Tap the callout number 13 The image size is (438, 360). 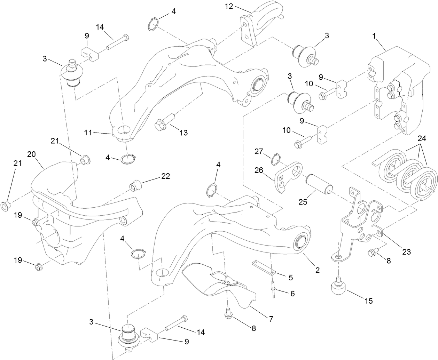click(x=183, y=133)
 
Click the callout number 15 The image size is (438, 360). click(x=369, y=301)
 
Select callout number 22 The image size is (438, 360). click(x=165, y=176)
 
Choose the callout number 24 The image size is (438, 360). click(x=422, y=138)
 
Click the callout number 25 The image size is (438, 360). click(x=303, y=202)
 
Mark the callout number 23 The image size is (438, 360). click(x=406, y=251)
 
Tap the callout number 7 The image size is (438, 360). click(x=271, y=318)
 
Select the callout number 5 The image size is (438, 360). click(x=290, y=278)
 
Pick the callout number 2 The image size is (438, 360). click(x=318, y=270)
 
